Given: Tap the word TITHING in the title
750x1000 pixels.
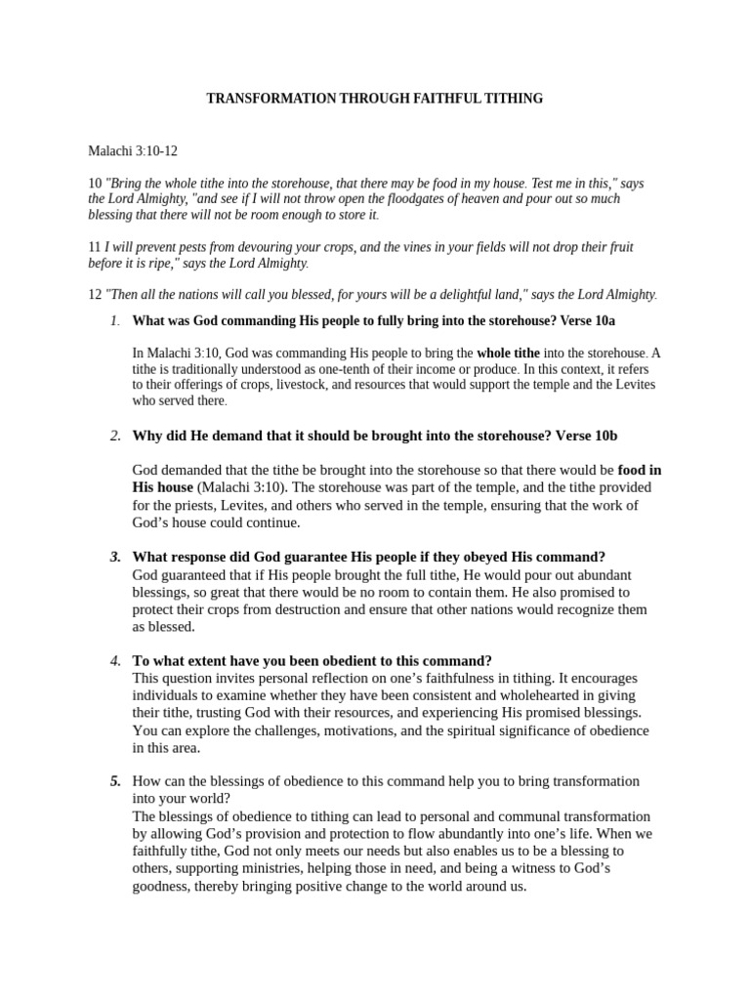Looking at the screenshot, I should tap(513, 99).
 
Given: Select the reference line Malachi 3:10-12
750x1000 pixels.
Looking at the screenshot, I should tap(133, 151).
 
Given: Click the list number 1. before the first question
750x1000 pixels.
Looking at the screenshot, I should tap(114, 320).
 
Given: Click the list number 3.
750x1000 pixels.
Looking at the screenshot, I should tap(115, 557).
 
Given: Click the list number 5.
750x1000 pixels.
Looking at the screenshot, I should tap(115, 781).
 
